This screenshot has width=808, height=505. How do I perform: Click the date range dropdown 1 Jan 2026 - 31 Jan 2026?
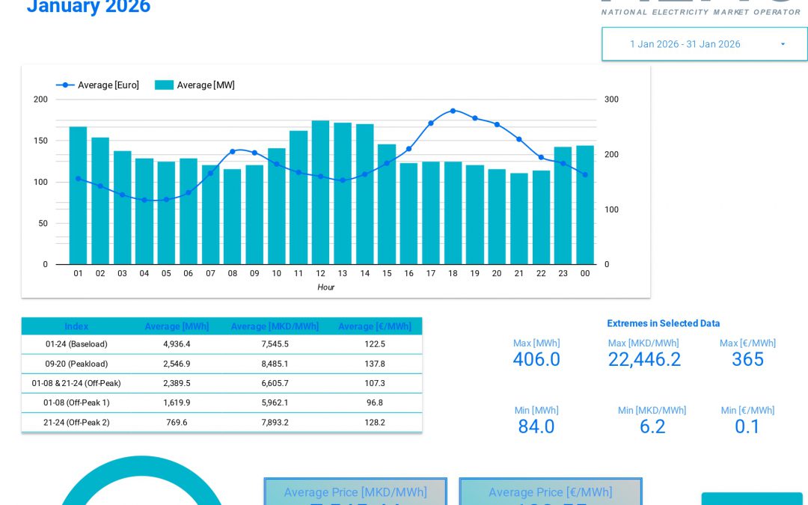(x=703, y=44)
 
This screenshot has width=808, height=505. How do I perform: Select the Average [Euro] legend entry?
(x=97, y=85)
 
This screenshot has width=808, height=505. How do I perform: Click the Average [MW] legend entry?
(x=195, y=85)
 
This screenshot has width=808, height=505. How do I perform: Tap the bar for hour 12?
(x=320, y=192)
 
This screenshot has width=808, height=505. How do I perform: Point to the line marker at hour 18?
(x=453, y=111)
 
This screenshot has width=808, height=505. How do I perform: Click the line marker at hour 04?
(x=144, y=200)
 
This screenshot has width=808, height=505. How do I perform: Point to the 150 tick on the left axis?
(x=40, y=141)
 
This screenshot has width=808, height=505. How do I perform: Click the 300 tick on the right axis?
(x=611, y=100)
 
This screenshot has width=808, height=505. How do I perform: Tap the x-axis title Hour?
(x=325, y=287)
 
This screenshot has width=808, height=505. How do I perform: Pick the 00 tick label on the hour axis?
(x=585, y=274)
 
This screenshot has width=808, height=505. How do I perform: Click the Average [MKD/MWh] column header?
(x=275, y=327)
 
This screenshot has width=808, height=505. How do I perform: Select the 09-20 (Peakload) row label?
(x=76, y=364)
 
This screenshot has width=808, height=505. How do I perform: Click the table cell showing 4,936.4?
(x=177, y=344)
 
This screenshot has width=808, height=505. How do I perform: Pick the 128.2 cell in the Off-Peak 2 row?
(x=375, y=422)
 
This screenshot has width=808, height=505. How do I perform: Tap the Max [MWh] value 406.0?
(x=536, y=360)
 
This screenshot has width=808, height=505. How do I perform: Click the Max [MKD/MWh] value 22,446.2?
(x=644, y=360)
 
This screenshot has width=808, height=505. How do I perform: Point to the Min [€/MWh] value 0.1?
(x=747, y=427)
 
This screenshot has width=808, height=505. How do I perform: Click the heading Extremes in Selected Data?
(x=663, y=324)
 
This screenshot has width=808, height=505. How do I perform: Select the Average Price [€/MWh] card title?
(x=550, y=492)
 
